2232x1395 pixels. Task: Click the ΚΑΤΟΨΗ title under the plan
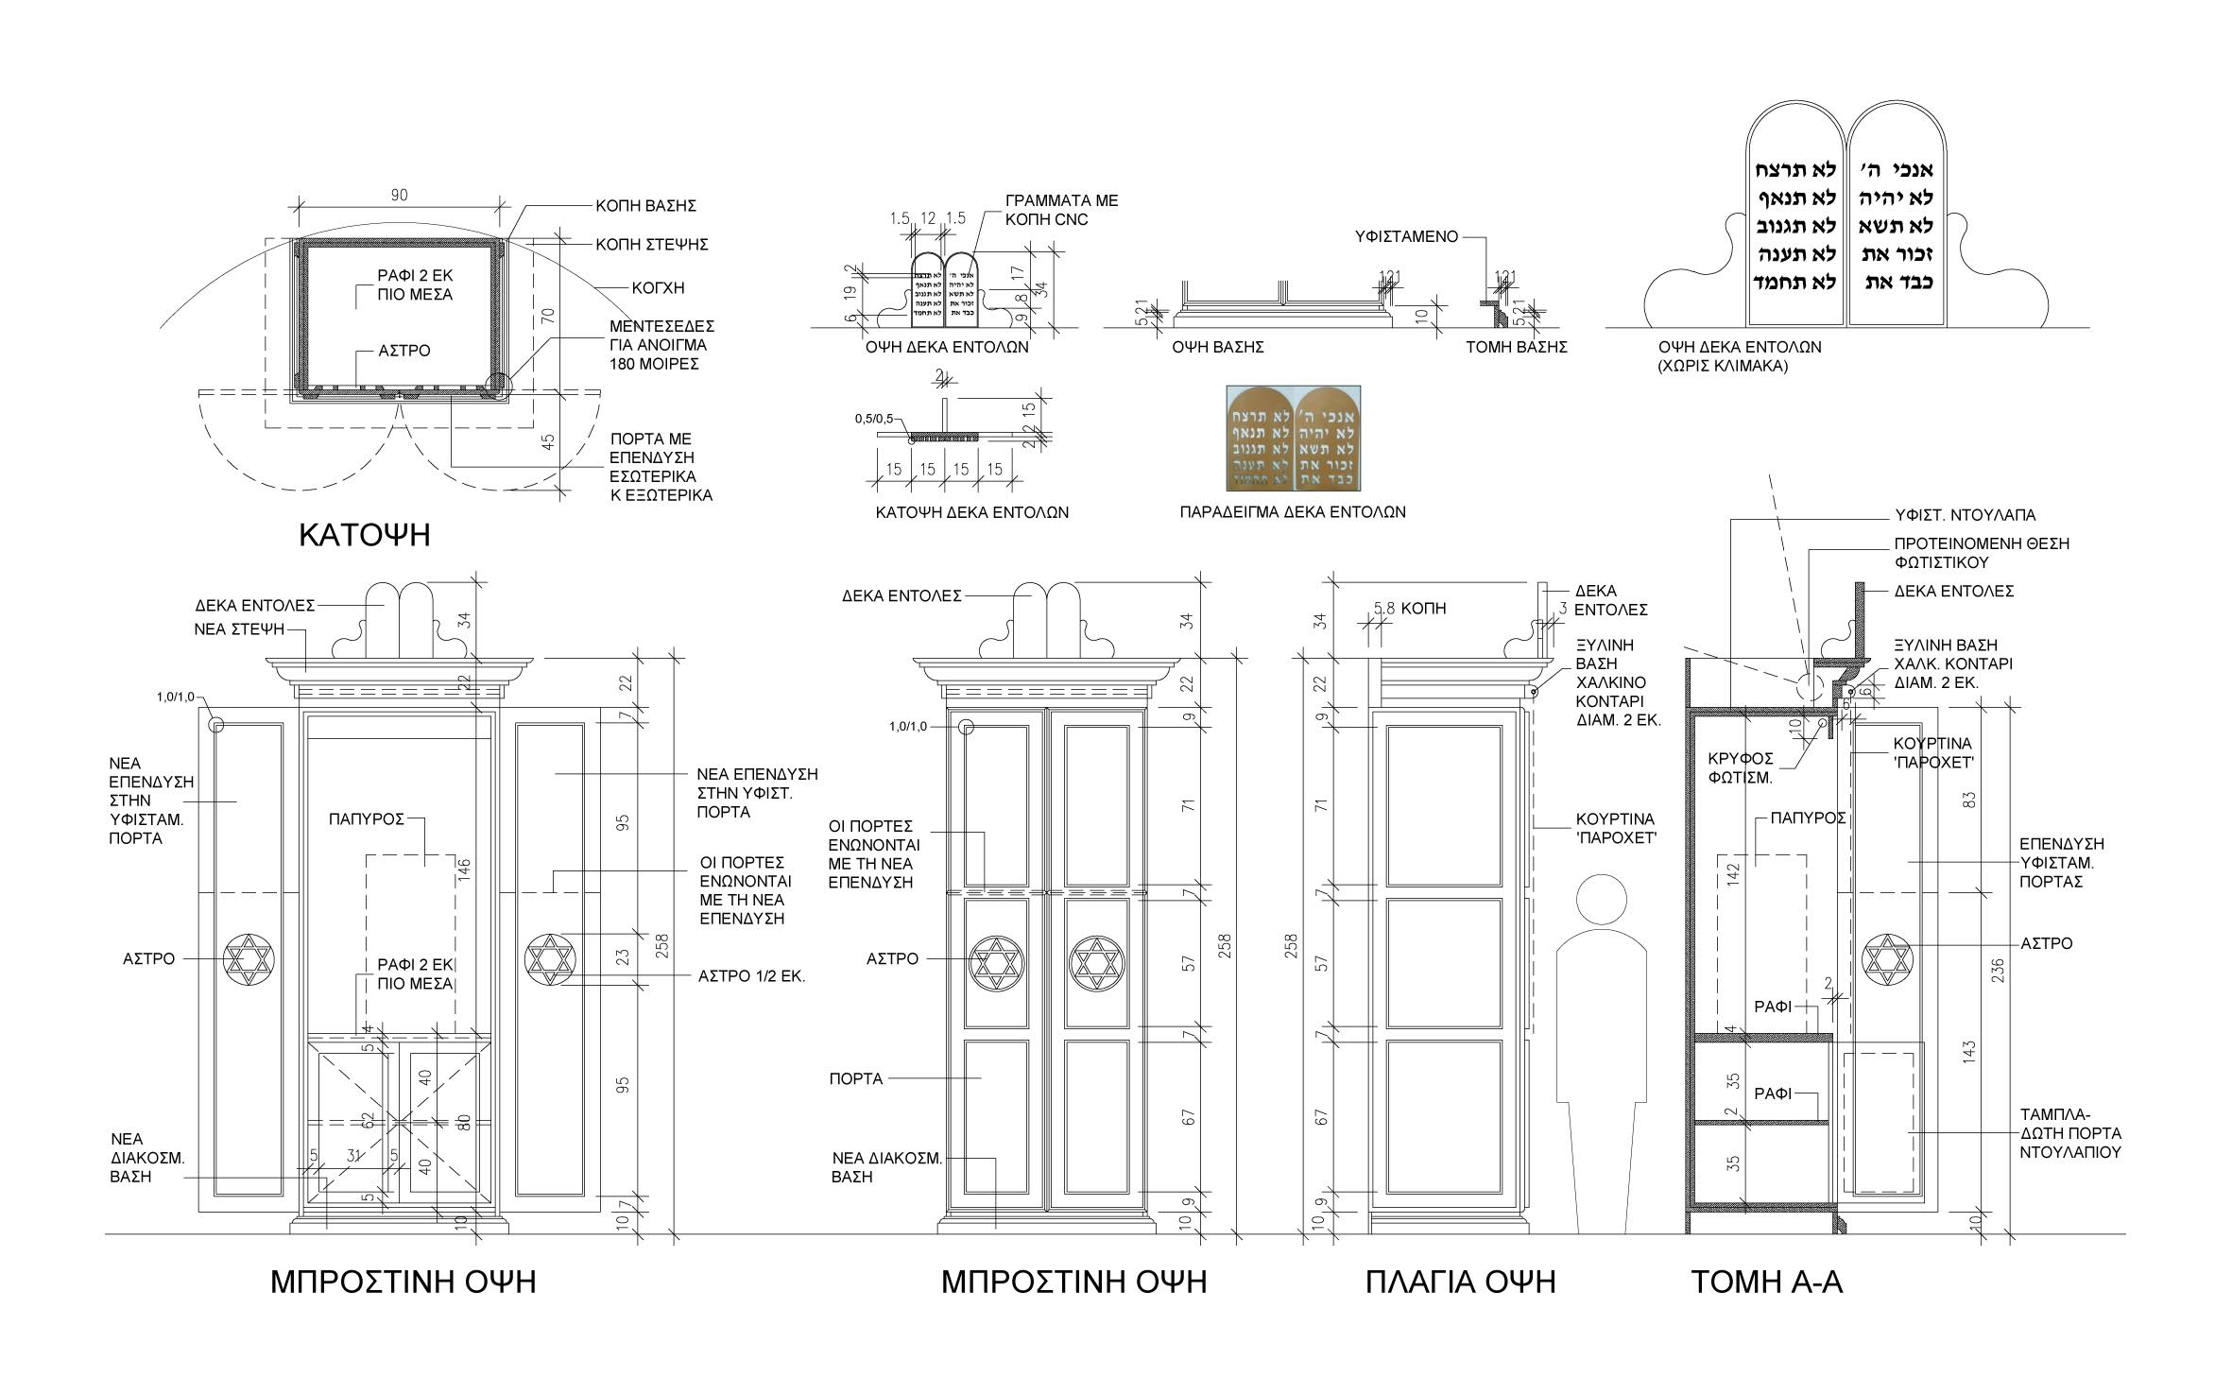[x=364, y=535]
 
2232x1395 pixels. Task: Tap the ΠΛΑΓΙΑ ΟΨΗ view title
[x=1460, y=1282]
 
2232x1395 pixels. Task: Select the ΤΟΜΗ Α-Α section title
[x=1766, y=1282]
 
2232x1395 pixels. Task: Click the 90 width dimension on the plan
[x=399, y=195]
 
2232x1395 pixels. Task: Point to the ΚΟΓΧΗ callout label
[x=659, y=287]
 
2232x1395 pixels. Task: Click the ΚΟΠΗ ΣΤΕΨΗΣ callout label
[x=651, y=245]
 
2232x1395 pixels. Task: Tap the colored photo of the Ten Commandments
[x=1294, y=438]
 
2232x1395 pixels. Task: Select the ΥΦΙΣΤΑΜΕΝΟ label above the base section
[x=1408, y=236]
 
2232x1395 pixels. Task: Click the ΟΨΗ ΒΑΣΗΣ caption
[x=1218, y=347]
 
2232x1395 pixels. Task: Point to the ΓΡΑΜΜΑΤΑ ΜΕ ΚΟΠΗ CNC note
[x=1061, y=210]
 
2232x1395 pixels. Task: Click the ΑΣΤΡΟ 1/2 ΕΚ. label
[x=751, y=976]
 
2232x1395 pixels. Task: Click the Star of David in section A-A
[x=1886, y=959]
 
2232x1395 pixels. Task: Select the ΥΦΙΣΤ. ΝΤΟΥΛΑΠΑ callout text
[x=1965, y=515]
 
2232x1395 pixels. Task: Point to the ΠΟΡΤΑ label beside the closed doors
[x=855, y=1078]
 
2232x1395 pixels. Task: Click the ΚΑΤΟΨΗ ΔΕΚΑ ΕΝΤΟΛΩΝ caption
[x=971, y=512]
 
